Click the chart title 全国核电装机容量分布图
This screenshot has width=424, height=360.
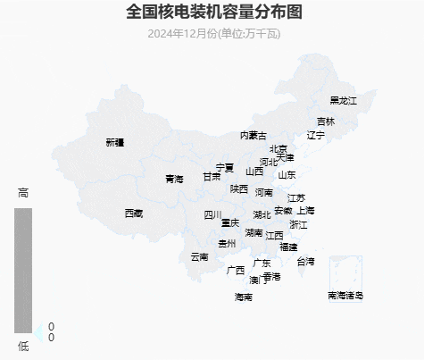pyautogui.click(x=213, y=13)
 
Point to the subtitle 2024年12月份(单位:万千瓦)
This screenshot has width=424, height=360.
pyautogui.click(x=213, y=34)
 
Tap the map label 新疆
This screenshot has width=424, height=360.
pyautogui.click(x=114, y=142)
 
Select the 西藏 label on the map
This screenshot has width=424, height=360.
pyautogui.click(x=133, y=213)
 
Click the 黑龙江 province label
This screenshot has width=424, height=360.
pyautogui.click(x=343, y=101)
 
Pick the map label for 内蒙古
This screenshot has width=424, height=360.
pyautogui.click(x=253, y=136)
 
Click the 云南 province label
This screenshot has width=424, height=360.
pyautogui.click(x=199, y=257)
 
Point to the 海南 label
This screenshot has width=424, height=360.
pyautogui.click(x=243, y=297)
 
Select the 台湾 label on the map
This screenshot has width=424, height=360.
pyautogui.click(x=305, y=262)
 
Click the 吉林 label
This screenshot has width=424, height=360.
pyautogui.click(x=325, y=121)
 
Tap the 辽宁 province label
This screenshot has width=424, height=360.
pyautogui.click(x=316, y=136)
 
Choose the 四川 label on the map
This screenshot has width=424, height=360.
pyautogui.click(x=212, y=215)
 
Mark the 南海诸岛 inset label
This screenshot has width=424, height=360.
pyautogui.click(x=345, y=295)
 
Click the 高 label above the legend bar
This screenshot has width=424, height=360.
pyautogui.click(x=23, y=193)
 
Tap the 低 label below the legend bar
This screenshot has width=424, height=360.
pyautogui.click(x=23, y=346)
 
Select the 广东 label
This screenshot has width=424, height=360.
pyautogui.click(x=262, y=264)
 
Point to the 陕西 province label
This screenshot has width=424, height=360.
pyautogui.click(x=239, y=188)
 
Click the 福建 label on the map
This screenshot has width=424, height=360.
pyautogui.click(x=288, y=247)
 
